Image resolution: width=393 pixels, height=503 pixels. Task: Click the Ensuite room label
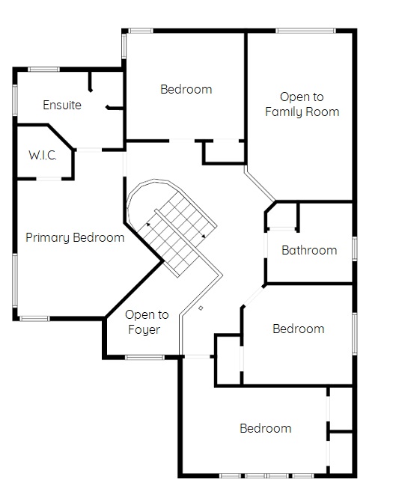62,105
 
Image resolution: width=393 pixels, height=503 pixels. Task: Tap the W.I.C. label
43,155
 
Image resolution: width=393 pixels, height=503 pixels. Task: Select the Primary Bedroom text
75,238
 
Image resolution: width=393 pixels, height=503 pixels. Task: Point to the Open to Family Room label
302,104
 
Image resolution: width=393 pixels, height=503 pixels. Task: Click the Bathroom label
309,250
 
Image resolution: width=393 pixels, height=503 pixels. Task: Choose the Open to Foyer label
147,322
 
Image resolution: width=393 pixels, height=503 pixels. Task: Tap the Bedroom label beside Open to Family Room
186,89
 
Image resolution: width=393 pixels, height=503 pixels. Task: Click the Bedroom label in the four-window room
265,428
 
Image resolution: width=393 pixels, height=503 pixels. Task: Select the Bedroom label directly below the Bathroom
299,329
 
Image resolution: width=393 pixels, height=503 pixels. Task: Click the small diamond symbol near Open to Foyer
201,308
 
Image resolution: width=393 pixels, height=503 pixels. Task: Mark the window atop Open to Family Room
305,31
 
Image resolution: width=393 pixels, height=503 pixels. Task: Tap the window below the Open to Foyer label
144,357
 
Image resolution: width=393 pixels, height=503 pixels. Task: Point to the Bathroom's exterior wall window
355,249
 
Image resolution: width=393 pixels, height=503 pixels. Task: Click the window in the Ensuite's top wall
43,70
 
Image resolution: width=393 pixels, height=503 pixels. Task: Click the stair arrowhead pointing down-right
204,236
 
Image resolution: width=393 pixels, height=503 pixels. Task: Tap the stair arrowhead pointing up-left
148,225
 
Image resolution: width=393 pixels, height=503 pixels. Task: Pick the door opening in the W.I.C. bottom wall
49,178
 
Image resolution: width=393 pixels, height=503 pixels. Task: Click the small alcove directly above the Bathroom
281,216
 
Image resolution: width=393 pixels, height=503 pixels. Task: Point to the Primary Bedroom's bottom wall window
34,319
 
